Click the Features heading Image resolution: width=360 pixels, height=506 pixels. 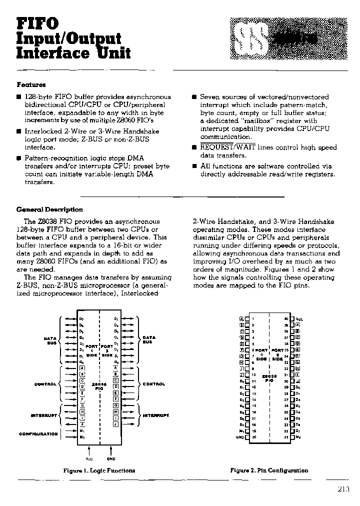coord(31,85)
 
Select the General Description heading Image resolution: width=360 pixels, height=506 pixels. coord(49,209)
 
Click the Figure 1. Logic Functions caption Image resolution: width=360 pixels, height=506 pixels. coord(99,470)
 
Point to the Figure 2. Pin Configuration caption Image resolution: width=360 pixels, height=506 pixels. coord(269,470)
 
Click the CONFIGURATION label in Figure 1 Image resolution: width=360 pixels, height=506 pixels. coord(38,433)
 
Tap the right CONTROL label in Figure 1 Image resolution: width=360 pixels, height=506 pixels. coord(154,384)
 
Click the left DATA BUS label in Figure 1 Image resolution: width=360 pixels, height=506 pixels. coord(50,340)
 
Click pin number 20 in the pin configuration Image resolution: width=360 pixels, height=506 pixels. coord(253,437)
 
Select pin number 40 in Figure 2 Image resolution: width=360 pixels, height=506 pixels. coord(286,318)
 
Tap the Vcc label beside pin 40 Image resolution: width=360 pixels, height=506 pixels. coord(299,318)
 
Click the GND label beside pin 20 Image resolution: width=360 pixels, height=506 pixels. coord(239,437)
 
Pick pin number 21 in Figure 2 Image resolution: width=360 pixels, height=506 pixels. coord(286,437)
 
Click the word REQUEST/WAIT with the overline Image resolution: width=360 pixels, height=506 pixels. coord(224,147)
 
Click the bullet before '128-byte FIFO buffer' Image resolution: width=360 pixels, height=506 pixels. coord(18,97)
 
